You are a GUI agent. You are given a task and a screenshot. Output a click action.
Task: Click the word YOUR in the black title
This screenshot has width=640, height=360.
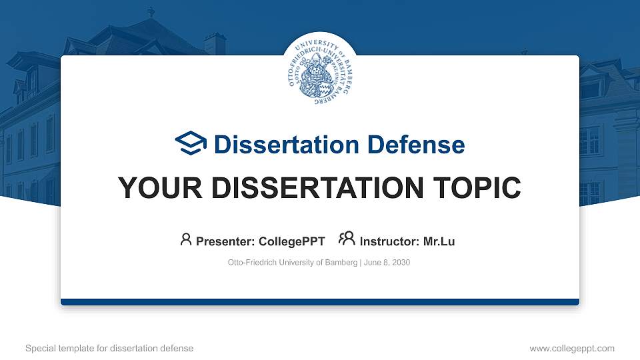(x=153, y=188)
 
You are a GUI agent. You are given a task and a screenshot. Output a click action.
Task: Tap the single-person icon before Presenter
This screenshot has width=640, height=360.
(x=186, y=239)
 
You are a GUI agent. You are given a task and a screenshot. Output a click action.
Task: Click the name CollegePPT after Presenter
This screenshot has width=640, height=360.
(x=291, y=241)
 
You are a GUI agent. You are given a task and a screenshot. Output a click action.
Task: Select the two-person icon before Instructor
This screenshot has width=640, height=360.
(x=347, y=239)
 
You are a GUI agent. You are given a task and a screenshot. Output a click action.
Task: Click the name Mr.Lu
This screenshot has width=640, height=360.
(x=439, y=241)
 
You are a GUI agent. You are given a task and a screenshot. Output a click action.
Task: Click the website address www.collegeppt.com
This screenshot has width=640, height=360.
(x=572, y=348)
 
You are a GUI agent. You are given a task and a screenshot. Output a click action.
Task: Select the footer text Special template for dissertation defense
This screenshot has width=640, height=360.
(x=109, y=348)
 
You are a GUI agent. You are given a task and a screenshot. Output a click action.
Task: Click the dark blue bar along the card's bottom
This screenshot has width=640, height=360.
(x=320, y=302)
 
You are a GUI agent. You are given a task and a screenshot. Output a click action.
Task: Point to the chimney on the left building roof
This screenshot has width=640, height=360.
(x=215, y=44)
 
